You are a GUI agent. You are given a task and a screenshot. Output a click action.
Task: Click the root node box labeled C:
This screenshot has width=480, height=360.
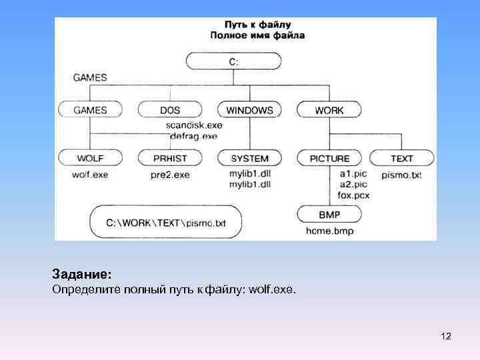coord(233,61)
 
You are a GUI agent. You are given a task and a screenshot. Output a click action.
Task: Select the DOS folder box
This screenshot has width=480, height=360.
coord(170,110)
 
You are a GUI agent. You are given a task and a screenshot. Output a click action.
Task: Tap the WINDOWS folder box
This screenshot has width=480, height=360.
coord(249,110)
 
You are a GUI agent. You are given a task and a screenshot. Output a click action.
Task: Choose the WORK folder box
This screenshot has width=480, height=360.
coord(329,110)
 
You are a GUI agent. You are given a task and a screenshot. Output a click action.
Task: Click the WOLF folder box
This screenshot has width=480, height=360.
coord(91,158)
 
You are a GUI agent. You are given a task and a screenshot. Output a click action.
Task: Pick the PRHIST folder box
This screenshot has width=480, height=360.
coord(170,158)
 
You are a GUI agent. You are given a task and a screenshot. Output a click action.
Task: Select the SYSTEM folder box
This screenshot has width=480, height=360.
coord(249,158)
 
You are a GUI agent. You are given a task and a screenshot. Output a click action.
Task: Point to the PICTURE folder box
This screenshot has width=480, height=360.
coord(329,158)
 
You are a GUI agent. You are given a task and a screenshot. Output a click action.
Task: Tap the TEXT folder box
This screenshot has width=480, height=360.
coord(402,158)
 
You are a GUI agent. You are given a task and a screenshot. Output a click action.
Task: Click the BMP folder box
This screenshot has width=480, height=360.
coord(329,215)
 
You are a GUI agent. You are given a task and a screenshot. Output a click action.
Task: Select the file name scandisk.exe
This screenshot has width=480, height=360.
coord(194,125)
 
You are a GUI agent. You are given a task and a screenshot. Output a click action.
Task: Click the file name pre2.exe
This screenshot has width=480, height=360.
coord(170,175)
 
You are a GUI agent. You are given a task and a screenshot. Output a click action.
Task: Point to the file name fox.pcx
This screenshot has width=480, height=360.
coord(353,195)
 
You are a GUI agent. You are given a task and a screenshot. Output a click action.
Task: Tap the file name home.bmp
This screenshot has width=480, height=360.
coord(329,231)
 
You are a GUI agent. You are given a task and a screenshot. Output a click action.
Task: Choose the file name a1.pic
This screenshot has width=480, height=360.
coord(353,174)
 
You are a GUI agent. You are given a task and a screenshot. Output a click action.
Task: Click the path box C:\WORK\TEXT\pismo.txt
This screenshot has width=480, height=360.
coord(166,222)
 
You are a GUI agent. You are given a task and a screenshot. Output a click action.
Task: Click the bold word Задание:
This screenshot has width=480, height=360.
coord(82,274)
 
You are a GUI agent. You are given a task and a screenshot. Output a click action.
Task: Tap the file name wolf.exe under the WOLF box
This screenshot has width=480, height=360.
coord(91,175)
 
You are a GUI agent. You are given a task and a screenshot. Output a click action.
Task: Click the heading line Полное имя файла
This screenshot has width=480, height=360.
coord(257,35)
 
